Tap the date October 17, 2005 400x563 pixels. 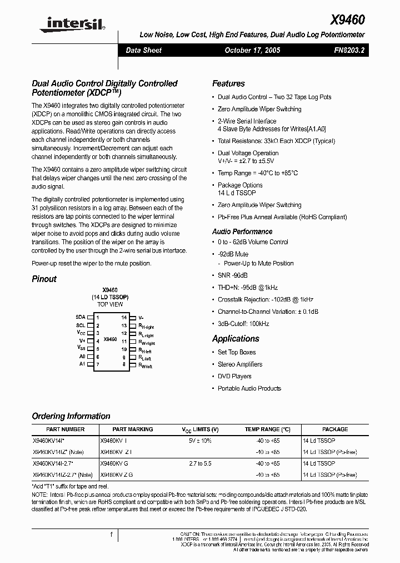point(252,50)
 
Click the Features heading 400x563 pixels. point(228,83)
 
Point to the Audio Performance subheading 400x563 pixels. point(242,231)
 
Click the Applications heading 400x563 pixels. point(236,338)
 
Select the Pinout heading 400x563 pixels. point(44,279)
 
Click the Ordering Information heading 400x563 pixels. point(71,416)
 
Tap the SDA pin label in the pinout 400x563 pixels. point(81,317)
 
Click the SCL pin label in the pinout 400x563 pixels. point(81,325)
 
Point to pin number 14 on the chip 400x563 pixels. point(124,317)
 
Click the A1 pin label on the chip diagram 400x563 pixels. point(82,364)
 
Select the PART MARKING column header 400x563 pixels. point(132,429)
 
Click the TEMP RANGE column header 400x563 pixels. point(268,429)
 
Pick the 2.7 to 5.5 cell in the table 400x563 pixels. point(200,463)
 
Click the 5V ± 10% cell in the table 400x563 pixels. point(200,440)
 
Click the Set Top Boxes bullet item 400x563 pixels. point(237,352)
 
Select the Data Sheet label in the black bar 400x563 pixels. point(144,50)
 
